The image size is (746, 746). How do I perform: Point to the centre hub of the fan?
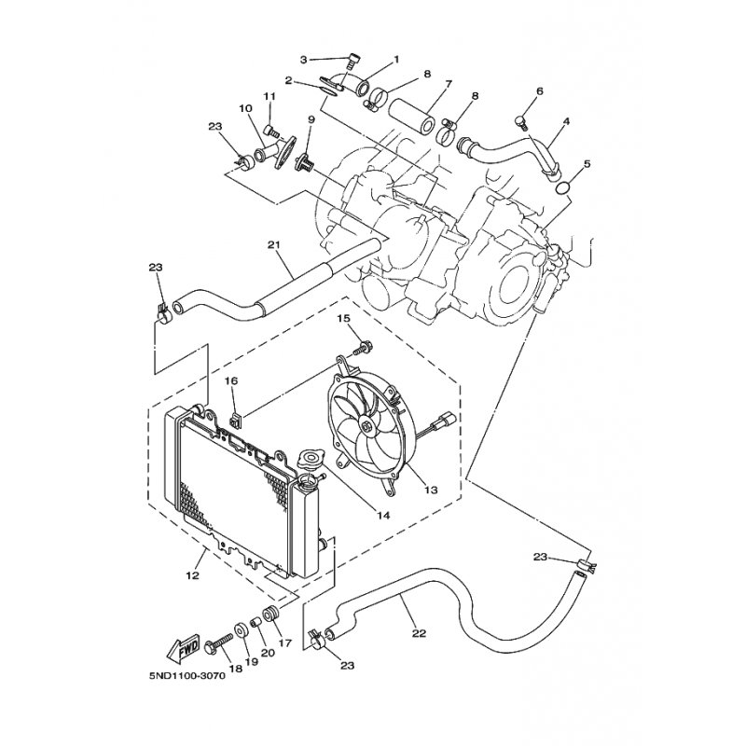[x=366, y=426]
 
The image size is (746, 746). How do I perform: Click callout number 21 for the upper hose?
[x=274, y=245]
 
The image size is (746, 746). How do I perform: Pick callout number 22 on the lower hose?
[x=419, y=633]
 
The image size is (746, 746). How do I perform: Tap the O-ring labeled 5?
[x=564, y=188]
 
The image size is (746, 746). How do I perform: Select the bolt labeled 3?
[x=353, y=62]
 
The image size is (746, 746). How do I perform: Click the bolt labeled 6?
[x=522, y=122]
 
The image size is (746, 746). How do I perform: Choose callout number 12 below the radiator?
[x=193, y=575]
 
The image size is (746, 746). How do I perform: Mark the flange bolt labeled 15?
[x=363, y=348]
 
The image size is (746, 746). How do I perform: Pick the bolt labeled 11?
[x=269, y=128]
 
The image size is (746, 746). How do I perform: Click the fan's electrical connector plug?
[x=448, y=419]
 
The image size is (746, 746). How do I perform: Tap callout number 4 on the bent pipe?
[x=565, y=121]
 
